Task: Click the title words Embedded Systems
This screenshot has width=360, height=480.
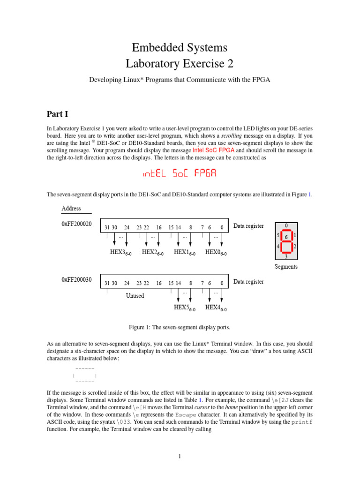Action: pyautogui.click(x=180, y=47)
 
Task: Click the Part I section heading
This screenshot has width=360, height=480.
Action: pyautogui.click(x=58, y=114)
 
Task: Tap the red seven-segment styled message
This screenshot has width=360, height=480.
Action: pyautogui.click(x=180, y=174)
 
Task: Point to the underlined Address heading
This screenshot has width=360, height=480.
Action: pyautogui.click(x=71, y=208)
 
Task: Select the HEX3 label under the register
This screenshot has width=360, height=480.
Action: pyautogui.click(x=120, y=253)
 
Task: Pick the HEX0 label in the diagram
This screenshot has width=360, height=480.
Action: pyautogui.click(x=216, y=253)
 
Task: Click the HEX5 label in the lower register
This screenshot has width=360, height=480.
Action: pyautogui.click(x=184, y=307)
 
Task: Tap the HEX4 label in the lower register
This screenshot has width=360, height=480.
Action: pyautogui.click(x=216, y=307)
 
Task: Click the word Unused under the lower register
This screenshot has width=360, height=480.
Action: pyautogui.click(x=135, y=296)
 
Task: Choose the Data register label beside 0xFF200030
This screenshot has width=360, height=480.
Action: pyautogui.click(x=248, y=282)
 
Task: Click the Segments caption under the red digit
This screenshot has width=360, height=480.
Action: pyautogui.click(x=285, y=267)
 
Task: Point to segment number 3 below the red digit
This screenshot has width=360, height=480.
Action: pyautogui.click(x=285, y=256)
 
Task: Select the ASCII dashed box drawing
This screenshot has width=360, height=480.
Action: pyautogui.click(x=84, y=375)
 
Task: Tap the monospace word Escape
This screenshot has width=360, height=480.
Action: pyautogui.click(x=190, y=415)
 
